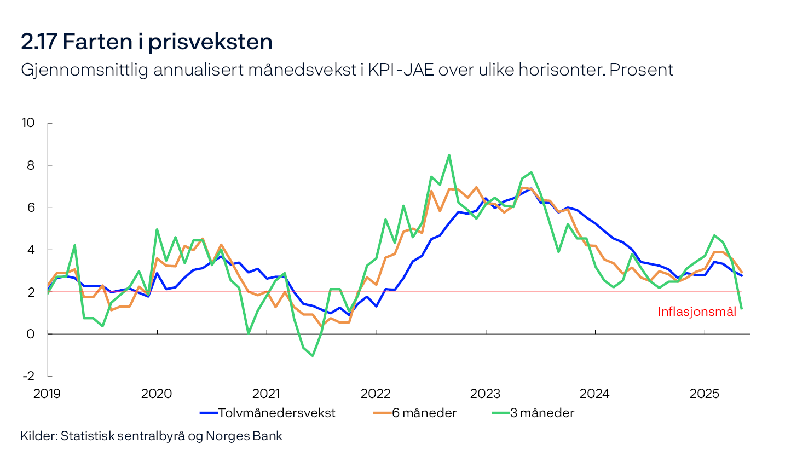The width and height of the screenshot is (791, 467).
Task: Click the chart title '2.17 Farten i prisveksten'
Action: pos(147,42)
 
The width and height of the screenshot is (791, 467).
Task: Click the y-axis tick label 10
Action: pos(28,123)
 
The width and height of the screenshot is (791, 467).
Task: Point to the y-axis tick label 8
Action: pos(31,165)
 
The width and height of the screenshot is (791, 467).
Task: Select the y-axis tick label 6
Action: pos(31,207)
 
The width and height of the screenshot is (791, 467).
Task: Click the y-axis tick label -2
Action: pos(28,376)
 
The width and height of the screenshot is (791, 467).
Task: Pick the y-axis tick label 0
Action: pos(31,334)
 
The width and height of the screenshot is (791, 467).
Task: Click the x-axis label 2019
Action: pos(47,394)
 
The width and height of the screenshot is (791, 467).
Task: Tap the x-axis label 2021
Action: pos(266,394)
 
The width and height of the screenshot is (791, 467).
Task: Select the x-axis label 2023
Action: pos(485,394)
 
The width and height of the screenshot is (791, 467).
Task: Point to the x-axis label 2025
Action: pos(704,394)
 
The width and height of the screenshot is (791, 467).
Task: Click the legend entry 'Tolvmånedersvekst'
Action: pos(276,413)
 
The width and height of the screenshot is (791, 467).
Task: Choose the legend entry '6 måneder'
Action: pos(424,413)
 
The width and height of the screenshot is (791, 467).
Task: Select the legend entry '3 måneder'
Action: pos(542,413)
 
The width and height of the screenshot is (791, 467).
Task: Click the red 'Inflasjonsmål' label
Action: pos(697,312)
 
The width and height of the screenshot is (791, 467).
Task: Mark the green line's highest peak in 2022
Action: pos(449,155)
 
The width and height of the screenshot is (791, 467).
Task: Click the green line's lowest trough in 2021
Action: pos(312,356)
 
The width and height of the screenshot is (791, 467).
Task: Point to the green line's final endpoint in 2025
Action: pos(741,309)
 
